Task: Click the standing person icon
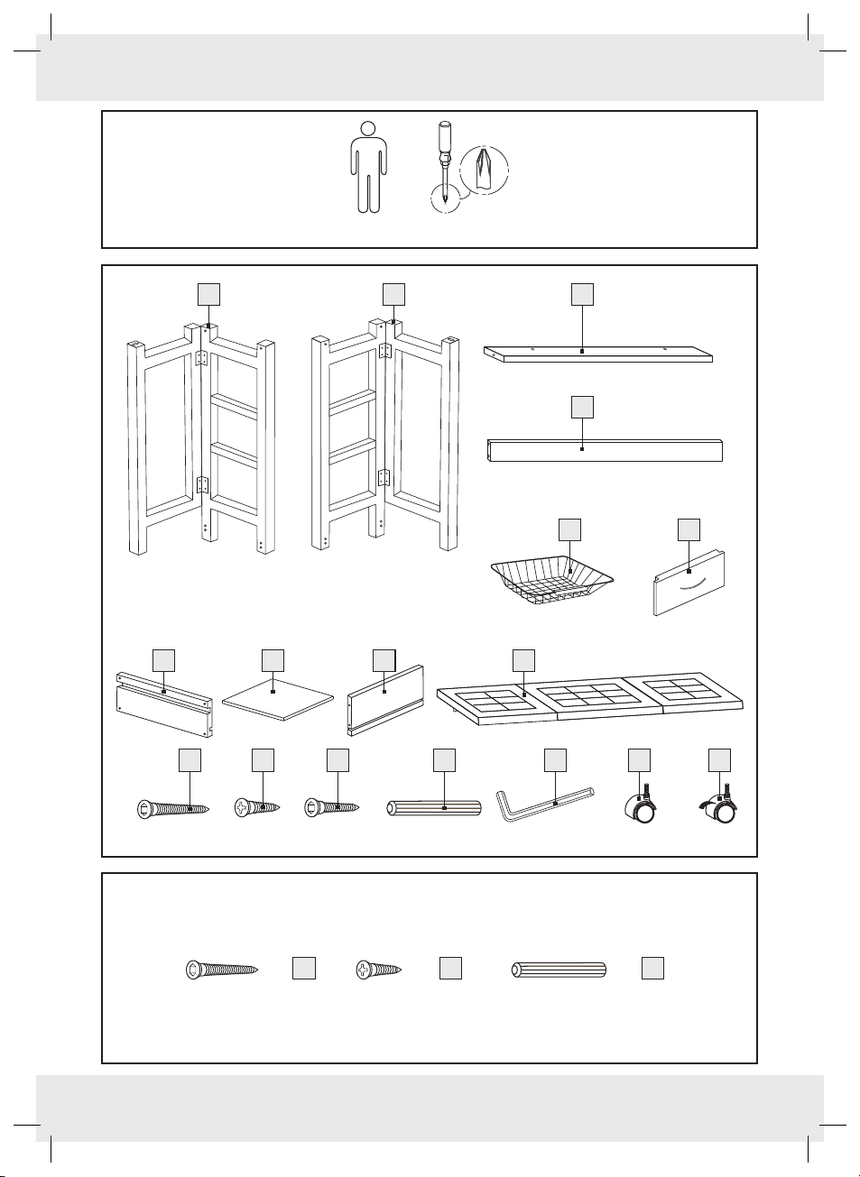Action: (368, 167)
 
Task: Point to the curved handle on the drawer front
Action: (689, 584)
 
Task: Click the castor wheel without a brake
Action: (641, 808)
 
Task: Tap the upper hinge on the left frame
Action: (200, 358)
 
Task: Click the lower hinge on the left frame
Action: (201, 484)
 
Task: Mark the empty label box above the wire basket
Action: (570, 529)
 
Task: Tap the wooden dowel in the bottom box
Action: (559, 970)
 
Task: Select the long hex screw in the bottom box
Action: (221, 970)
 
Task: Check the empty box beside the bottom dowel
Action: (652, 969)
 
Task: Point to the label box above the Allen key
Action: (555, 760)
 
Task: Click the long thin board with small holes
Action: (597, 354)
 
